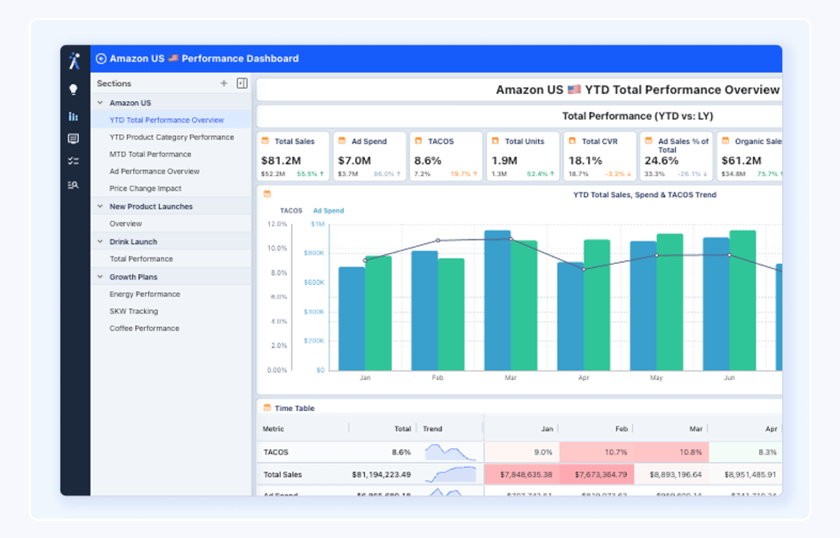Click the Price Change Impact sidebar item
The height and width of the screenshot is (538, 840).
[x=145, y=188]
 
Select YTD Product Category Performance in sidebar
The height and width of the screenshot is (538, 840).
[x=171, y=137]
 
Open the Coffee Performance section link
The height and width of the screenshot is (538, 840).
[x=144, y=328]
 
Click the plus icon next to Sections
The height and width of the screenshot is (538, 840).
[x=224, y=83]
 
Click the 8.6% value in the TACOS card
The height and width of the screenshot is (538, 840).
[x=427, y=161]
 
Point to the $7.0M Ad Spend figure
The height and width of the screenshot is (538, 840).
[x=353, y=161]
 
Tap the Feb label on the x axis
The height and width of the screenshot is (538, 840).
[x=438, y=377]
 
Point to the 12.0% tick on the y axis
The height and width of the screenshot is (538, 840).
[x=277, y=224]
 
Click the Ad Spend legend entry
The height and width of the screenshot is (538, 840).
[x=328, y=211]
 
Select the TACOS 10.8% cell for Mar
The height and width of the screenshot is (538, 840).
[x=671, y=452]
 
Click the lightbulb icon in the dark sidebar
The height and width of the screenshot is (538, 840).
[x=74, y=90]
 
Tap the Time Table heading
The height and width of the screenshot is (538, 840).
[x=294, y=408]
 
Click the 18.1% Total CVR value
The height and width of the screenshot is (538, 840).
[x=585, y=161]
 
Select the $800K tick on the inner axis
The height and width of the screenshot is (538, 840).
[x=313, y=253]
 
